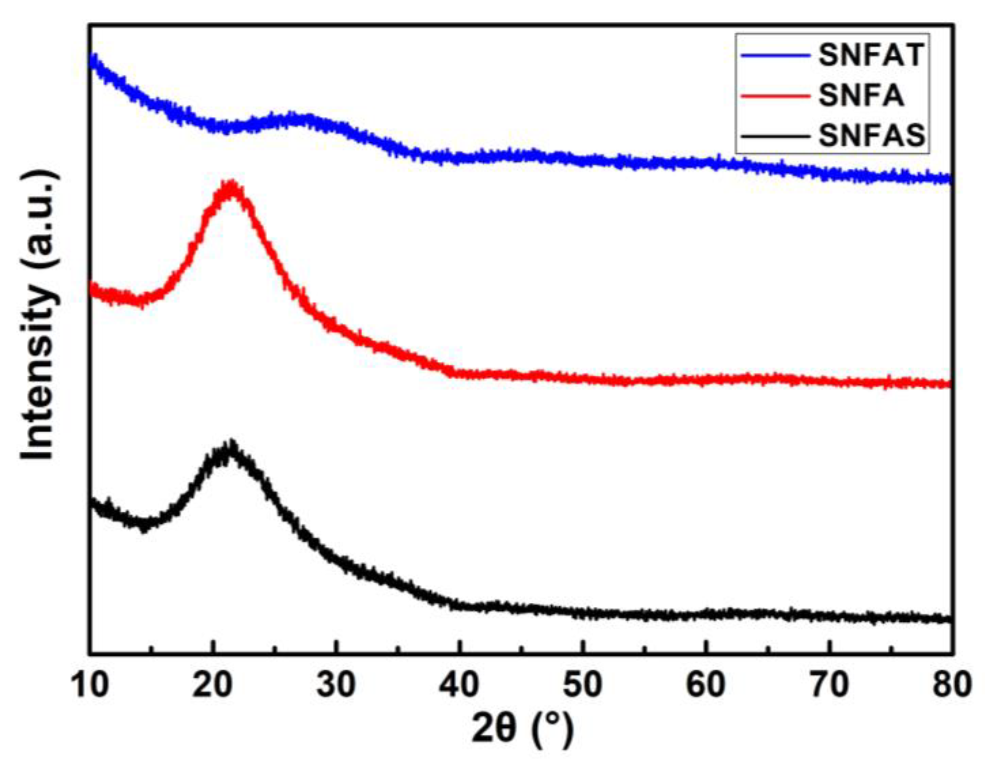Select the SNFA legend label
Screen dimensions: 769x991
coord(861,96)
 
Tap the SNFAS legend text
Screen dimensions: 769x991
coord(871,136)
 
